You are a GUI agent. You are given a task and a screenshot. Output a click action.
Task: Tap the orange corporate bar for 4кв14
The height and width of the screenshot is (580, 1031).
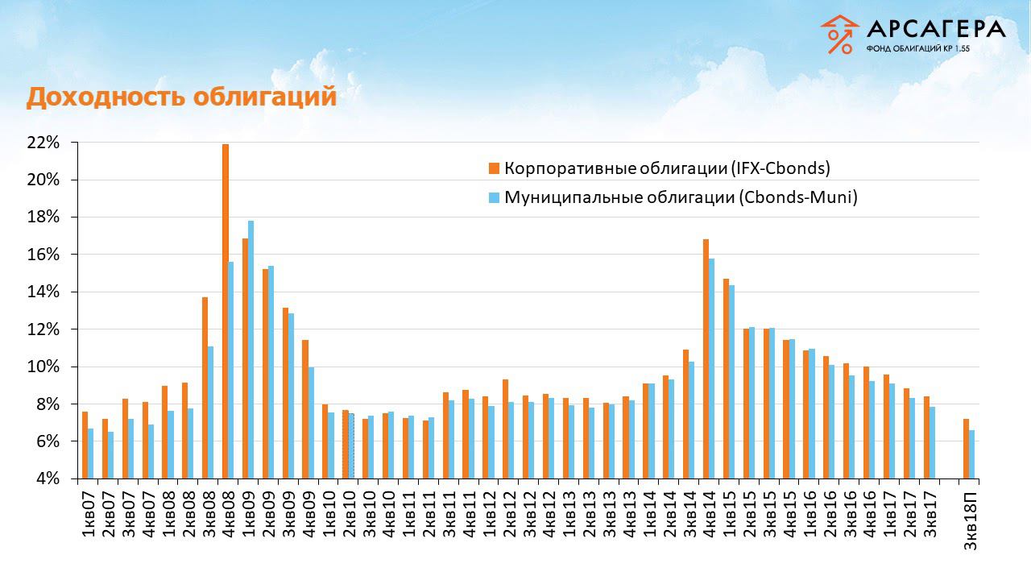pyautogui.click(x=706, y=358)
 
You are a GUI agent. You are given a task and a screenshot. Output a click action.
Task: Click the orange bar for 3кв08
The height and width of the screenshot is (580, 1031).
pyautogui.click(x=205, y=387)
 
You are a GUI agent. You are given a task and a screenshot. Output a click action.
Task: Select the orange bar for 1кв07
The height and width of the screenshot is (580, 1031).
pyautogui.click(x=85, y=445)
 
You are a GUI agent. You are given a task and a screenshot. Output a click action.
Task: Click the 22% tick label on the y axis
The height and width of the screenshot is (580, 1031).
pyautogui.click(x=43, y=143)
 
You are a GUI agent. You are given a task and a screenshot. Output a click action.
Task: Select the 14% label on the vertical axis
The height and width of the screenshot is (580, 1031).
pyautogui.click(x=43, y=292)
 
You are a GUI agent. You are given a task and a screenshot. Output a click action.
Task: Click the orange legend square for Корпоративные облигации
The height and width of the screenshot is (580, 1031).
pyautogui.click(x=493, y=168)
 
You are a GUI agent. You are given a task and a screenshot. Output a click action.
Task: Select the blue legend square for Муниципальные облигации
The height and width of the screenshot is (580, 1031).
pyautogui.click(x=493, y=197)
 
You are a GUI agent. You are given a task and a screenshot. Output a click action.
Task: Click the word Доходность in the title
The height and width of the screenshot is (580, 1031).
pyautogui.click(x=97, y=97)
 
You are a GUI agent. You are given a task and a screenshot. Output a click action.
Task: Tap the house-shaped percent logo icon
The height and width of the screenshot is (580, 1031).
pyautogui.click(x=840, y=35)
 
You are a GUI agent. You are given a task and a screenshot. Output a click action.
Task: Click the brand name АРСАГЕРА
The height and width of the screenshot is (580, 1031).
pyautogui.click(x=936, y=30)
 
